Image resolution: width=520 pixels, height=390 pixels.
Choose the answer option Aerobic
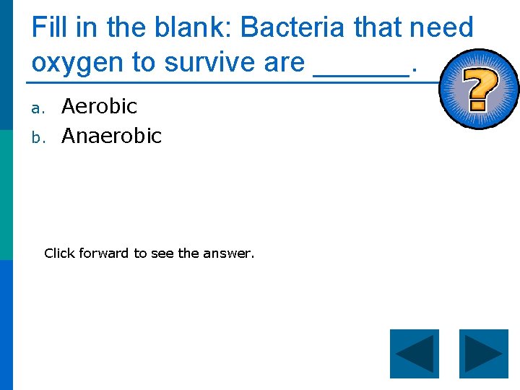coord(99,106)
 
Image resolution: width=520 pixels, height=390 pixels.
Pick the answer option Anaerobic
coord(111,135)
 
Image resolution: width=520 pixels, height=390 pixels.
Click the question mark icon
coord(478,90)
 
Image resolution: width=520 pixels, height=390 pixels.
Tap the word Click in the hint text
coord(59,253)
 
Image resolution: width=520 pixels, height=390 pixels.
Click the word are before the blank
coord(284,63)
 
